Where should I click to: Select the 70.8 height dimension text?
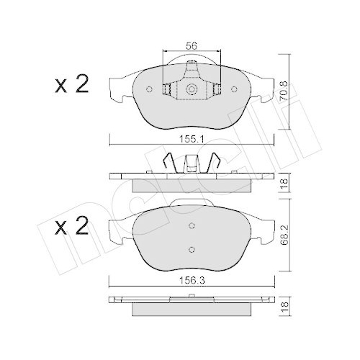(289, 91)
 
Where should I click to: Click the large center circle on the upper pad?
(192, 90)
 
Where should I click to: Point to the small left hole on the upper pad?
(149, 90)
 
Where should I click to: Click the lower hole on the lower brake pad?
(192, 248)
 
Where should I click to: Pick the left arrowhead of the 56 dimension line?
(168, 53)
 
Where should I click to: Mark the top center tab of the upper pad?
(192, 71)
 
